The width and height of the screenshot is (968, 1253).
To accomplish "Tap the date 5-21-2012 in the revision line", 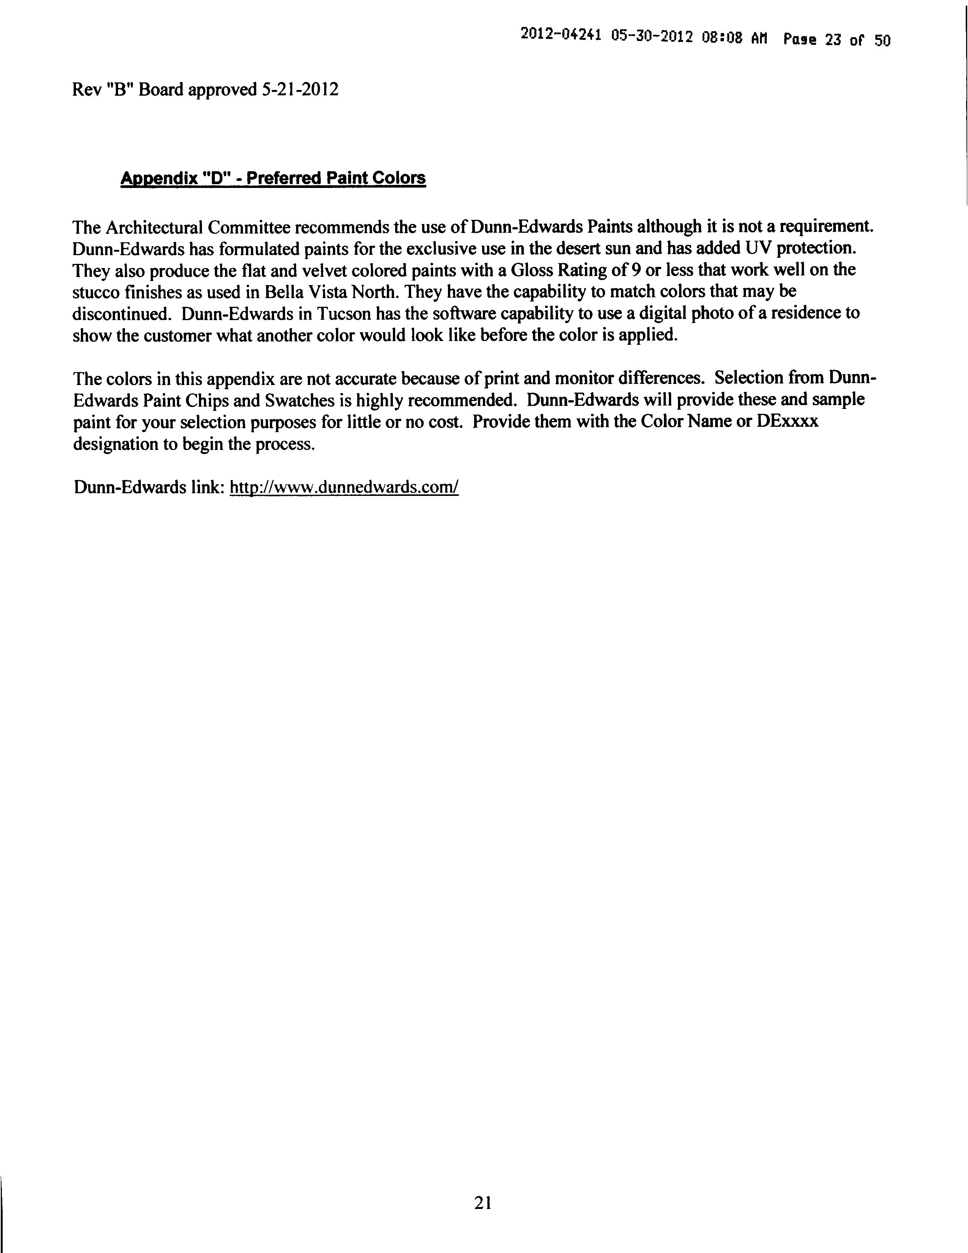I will (x=300, y=90).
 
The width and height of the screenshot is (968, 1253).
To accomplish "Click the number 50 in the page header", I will (x=882, y=41).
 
